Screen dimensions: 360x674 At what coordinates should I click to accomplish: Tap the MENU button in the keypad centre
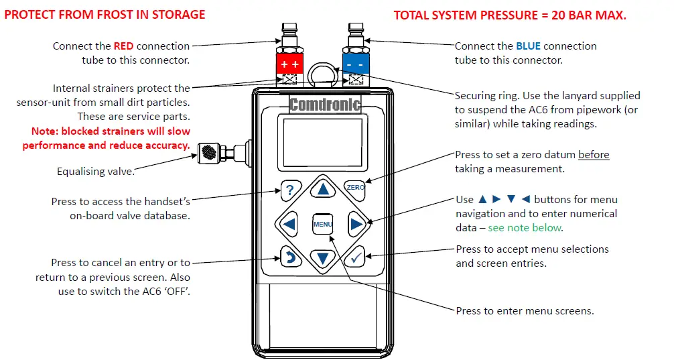[x=323, y=224]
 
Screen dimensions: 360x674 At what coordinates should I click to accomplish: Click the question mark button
[x=289, y=190]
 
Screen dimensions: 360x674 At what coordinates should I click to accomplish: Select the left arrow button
[x=289, y=224]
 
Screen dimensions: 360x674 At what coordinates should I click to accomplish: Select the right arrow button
[x=356, y=224]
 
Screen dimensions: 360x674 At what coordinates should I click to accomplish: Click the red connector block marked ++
[x=290, y=64]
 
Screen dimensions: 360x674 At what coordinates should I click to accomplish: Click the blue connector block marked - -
[x=356, y=64]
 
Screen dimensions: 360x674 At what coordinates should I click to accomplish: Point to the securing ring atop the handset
[x=323, y=73]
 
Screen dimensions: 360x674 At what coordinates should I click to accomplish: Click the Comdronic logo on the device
[x=325, y=105]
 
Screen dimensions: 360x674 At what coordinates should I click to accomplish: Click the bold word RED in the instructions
[x=123, y=46]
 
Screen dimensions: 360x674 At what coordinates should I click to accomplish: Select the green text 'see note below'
[x=525, y=228]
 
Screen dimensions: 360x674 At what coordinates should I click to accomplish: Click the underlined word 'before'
[x=594, y=155]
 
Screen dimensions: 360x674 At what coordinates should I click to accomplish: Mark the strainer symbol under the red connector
[x=290, y=80]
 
